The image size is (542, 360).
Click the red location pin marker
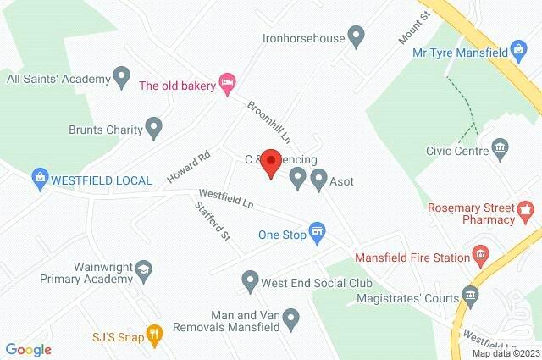(270, 162)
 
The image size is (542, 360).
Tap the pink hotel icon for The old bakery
(226, 82)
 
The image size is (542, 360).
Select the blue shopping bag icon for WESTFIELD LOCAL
(38, 179)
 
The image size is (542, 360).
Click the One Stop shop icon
(318, 232)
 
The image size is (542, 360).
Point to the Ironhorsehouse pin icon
(357, 36)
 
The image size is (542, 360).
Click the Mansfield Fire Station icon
(481, 253)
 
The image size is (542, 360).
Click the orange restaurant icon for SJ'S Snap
(153, 335)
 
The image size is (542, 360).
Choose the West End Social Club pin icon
(250, 279)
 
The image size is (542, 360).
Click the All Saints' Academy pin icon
(121, 77)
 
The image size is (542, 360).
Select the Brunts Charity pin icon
(153, 130)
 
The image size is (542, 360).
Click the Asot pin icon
(319, 179)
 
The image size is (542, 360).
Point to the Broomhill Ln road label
(268, 121)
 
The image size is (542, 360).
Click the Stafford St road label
(212, 219)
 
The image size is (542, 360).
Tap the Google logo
(28, 349)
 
